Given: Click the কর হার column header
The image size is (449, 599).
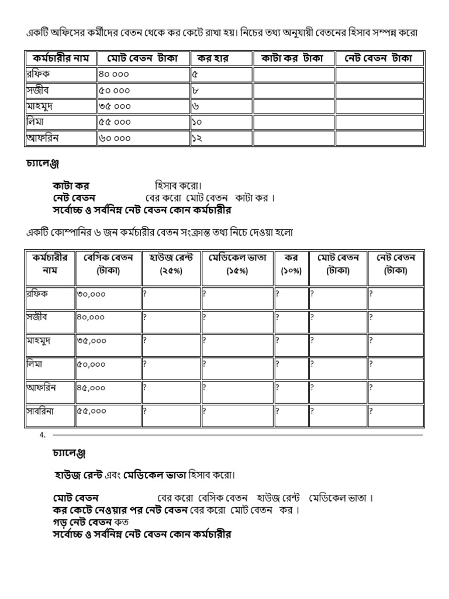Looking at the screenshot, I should [x=213, y=58].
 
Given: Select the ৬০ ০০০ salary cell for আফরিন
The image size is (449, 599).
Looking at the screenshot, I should [x=115, y=139].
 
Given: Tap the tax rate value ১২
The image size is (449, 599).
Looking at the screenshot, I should [x=196, y=139].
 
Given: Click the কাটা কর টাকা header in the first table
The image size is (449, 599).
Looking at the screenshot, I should [x=293, y=58].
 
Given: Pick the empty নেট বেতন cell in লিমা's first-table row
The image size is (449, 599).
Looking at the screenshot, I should [x=379, y=123].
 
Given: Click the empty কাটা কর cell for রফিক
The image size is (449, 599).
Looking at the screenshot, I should [x=293, y=74].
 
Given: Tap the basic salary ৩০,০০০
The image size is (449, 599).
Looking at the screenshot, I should [x=91, y=294].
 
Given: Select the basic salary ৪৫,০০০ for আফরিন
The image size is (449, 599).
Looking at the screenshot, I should [x=91, y=387].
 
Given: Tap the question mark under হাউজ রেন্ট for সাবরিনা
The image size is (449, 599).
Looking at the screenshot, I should [x=145, y=411].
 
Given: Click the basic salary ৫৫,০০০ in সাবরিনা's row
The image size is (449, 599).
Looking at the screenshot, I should [x=91, y=411].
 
